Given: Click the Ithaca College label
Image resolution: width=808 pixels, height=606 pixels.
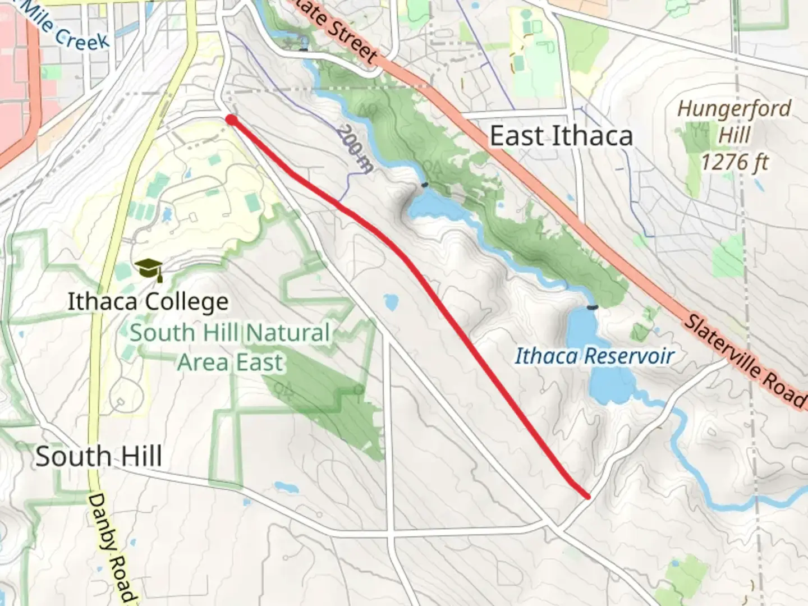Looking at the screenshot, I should (x=148, y=302).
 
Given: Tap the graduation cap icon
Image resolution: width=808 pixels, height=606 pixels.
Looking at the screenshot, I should (x=148, y=269).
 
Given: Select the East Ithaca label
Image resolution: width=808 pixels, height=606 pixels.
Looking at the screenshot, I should (x=561, y=136).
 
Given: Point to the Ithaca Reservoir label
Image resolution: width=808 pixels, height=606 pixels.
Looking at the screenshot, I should (x=594, y=356).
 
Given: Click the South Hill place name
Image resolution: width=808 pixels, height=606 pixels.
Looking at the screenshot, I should (x=99, y=456).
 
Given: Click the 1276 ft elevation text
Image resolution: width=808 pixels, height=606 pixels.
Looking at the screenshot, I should (x=734, y=162).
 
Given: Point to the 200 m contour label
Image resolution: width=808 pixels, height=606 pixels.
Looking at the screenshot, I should (x=355, y=147).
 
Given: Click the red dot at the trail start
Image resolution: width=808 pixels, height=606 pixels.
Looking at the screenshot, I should (x=231, y=119).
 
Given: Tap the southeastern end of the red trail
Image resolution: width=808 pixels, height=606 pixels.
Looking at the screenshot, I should (x=587, y=496).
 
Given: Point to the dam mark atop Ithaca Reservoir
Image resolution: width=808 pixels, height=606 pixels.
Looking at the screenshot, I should (x=591, y=307).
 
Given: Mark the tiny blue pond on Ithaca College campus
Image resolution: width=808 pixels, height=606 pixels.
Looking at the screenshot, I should (x=167, y=214).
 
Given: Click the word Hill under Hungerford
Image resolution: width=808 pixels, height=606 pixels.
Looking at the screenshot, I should (x=734, y=135).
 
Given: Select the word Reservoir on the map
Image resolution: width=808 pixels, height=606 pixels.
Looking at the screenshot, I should (x=630, y=356).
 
